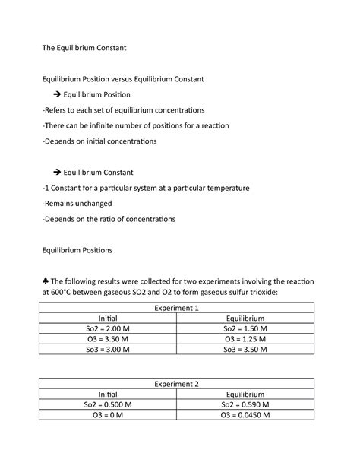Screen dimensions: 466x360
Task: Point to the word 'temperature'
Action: pos(226,188)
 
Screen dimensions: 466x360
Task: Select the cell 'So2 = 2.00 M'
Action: pos(109,328)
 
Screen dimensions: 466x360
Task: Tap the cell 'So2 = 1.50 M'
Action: pos(245,328)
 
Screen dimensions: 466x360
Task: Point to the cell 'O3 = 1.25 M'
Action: pos(245,339)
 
